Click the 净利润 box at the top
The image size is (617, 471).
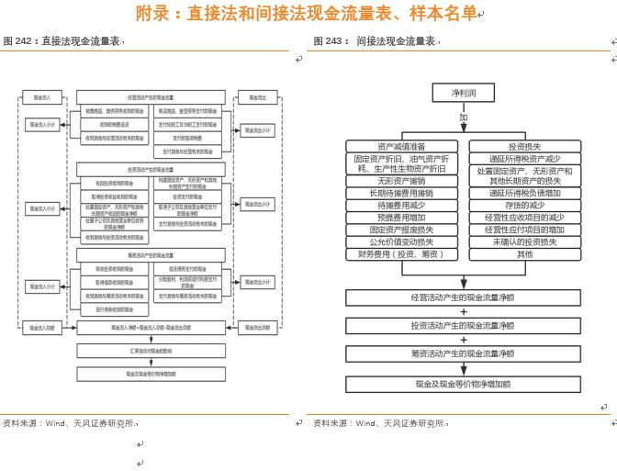(x=463, y=93)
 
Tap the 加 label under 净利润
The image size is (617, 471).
(x=464, y=118)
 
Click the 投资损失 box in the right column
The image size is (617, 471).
(x=524, y=146)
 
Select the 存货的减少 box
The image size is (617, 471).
(x=524, y=206)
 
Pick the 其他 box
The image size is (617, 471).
(x=524, y=254)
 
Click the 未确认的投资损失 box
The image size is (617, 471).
(x=524, y=241)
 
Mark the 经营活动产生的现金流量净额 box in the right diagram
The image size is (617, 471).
(x=463, y=297)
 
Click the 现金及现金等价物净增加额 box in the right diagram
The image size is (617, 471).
(x=463, y=384)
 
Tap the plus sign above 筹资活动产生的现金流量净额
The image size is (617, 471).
(x=463, y=340)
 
